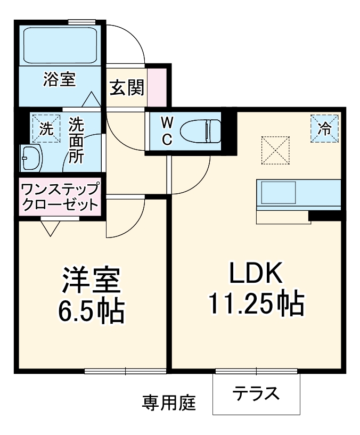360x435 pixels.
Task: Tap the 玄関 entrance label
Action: [x=127, y=87]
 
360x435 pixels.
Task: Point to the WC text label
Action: [x=167, y=131]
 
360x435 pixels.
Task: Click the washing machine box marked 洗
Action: [x=46, y=128]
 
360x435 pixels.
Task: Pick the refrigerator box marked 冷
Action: [x=324, y=128]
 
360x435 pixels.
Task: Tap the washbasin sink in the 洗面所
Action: [x=31, y=158]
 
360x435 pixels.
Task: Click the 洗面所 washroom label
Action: [x=76, y=141]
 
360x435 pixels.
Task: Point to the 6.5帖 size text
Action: [x=91, y=311]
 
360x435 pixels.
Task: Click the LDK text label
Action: [x=255, y=274]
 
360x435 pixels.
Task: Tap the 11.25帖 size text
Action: [x=255, y=304]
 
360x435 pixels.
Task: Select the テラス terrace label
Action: [x=256, y=395]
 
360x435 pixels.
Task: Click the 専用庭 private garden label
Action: [x=169, y=402]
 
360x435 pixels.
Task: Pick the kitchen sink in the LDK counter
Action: [x=277, y=192]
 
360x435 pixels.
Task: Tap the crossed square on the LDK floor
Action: [x=275, y=151]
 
